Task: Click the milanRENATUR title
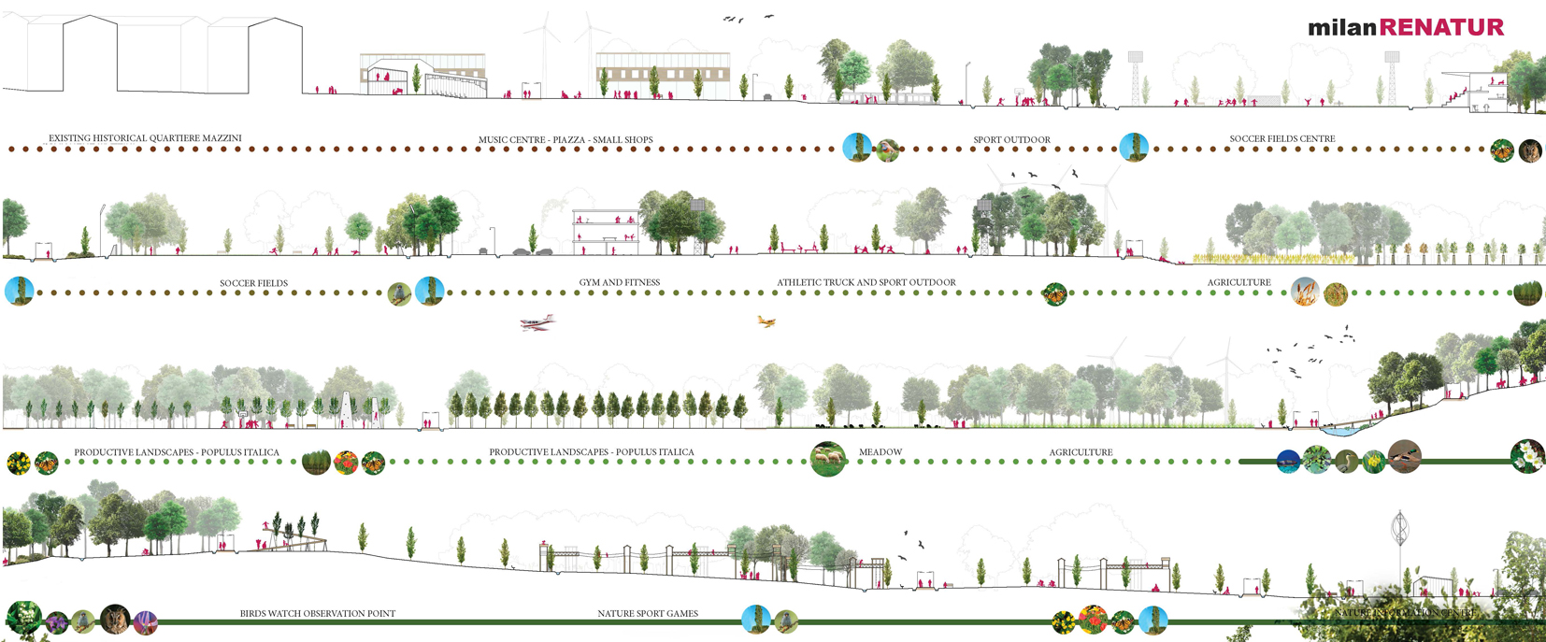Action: pyautogui.click(x=1405, y=27)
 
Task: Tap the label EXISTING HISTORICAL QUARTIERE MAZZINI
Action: pyautogui.click(x=145, y=138)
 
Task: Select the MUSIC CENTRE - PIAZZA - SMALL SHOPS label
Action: pyautogui.click(x=565, y=140)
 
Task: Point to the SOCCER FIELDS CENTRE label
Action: pyautogui.click(x=1281, y=139)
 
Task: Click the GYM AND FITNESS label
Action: pyautogui.click(x=619, y=282)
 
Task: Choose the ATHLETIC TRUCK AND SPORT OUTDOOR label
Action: pyautogui.click(x=866, y=282)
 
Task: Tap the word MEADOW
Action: pyautogui.click(x=880, y=452)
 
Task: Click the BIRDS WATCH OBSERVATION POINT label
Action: pyautogui.click(x=318, y=614)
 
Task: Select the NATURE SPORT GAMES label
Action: pyautogui.click(x=648, y=614)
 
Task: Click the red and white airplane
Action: pyautogui.click(x=537, y=322)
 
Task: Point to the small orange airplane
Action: pyautogui.click(x=766, y=321)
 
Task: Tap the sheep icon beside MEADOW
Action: pyautogui.click(x=828, y=459)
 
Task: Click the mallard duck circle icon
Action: pyautogui.click(x=1404, y=456)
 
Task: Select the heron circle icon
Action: pyautogui.click(x=1346, y=460)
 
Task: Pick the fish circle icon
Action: pyautogui.click(x=1289, y=460)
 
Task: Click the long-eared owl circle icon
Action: pyautogui.click(x=115, y=619)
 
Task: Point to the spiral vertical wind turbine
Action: pyautogui.click(x=1399, y=531)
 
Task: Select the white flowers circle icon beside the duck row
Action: pyautogui.click(x=1526, y=456)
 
